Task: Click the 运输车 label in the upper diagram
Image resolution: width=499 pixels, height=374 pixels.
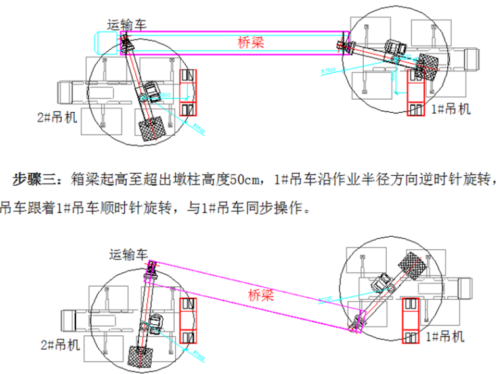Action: (127, 24)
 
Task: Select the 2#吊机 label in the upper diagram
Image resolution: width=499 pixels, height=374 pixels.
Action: (57, 118)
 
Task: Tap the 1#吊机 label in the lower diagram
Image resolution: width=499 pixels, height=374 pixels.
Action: (445, 337)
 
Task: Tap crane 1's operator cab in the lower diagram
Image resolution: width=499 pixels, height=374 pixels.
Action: (380, 283)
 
